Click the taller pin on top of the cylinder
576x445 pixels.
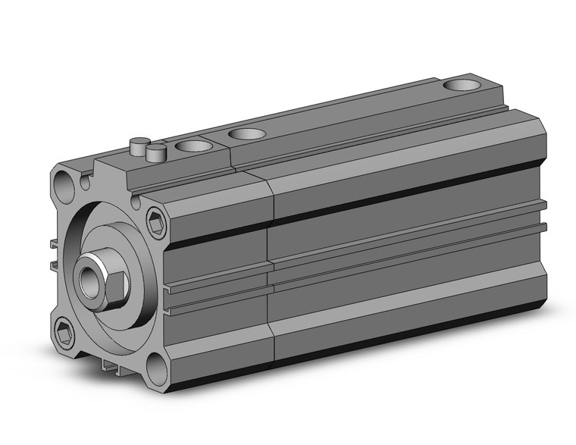point(139,144)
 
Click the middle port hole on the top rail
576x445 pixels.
point(246,134)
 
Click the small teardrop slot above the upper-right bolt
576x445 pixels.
point(137,202)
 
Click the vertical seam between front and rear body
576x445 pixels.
point(270,273)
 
